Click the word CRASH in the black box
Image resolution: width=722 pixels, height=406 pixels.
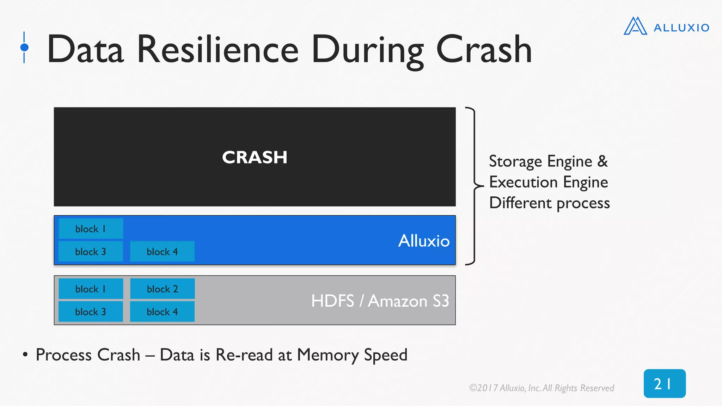click(x=255, y=157)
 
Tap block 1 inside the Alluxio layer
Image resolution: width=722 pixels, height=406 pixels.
click(x=91, y=229)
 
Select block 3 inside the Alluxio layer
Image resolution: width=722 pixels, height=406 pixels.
click(x=91, y=252)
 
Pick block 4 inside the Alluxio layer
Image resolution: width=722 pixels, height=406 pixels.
click(x=162, y=252)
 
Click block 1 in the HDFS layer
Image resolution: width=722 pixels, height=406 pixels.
click(x=91, y=289)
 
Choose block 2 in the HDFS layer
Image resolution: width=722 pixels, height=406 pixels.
click(x=162, y=289)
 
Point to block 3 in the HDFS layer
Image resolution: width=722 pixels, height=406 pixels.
click(x=91, y=312)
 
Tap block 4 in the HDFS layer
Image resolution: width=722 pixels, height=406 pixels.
click(x=162, y=312)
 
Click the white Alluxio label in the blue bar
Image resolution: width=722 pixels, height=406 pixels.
click(x=424, y=241)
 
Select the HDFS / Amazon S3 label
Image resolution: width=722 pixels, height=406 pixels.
click(x=380, y=301)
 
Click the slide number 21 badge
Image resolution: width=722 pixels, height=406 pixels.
click(x=665, y=383)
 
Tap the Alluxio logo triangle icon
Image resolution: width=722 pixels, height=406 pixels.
click(x=635, y=26)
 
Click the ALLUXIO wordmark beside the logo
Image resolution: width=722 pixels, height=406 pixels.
click(x=681, y=28)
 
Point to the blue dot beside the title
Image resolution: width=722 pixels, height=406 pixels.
click(x=24, y=47)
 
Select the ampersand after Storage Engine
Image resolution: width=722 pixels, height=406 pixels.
click(x=602, y=161)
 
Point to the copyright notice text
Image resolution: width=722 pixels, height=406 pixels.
click(x=541, y=388)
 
